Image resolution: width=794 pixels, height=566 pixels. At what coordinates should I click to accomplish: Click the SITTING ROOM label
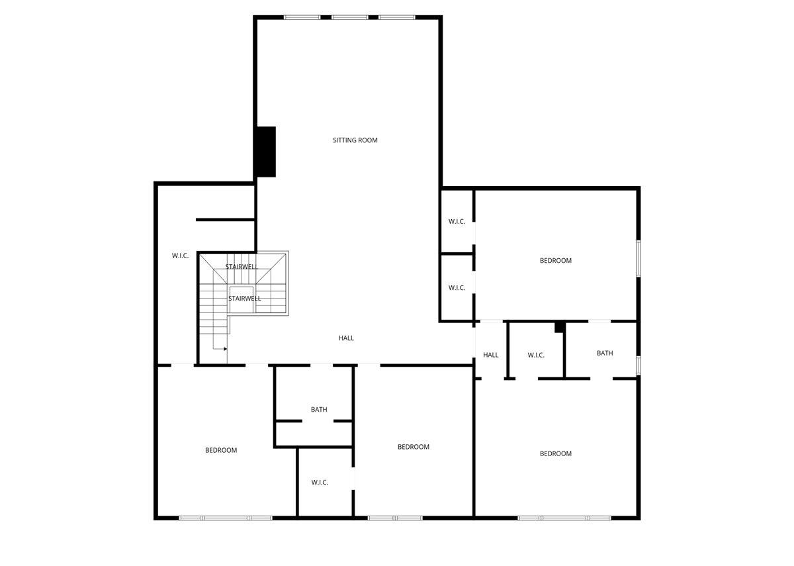[x=355, y=140]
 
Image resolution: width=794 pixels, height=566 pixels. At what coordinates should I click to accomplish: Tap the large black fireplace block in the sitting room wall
[x=266, y=152]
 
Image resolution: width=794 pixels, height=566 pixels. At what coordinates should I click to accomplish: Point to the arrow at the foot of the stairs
[x=224, y=348]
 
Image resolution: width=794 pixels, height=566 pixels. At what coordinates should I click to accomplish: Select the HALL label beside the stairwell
[x=346, y=338]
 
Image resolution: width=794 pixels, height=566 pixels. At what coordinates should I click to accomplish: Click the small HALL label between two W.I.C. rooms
[x=490, y=355]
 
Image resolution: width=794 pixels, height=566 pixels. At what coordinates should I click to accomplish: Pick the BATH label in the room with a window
[x=605, y=354]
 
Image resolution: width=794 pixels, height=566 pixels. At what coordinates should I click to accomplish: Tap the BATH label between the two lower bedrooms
[x=319, y=410]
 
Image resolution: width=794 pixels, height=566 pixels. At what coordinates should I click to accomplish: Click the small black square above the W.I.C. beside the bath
[x=560, y=326]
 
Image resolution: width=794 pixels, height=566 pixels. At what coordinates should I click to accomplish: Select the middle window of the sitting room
[x=349, y=17]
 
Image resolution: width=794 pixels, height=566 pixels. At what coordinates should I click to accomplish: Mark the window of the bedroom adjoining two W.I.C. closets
[x=639, y=258]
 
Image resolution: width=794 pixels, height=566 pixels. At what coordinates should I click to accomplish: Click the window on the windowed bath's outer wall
[x=639, y=365]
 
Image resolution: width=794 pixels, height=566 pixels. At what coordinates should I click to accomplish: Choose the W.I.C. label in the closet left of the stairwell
[x=180, y=256]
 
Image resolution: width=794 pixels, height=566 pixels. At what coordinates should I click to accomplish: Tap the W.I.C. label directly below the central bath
[x=320, y=483]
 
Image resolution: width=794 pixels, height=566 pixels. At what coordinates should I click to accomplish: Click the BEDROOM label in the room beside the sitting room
[x=555, y=261]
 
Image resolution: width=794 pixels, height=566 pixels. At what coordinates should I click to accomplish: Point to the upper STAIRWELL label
[x=240, y=267]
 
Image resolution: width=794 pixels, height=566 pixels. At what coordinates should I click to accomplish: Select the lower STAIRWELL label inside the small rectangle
[x=244, y=299]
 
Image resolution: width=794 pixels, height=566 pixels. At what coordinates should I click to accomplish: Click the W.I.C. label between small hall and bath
[x=536, y=355]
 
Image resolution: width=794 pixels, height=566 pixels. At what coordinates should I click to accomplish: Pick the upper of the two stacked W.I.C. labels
[x=457, y=222]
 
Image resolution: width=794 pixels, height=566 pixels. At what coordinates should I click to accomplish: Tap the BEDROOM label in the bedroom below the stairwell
[x=220, y=451]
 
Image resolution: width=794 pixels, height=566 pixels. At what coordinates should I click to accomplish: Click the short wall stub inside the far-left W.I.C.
[x=225, y=219]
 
